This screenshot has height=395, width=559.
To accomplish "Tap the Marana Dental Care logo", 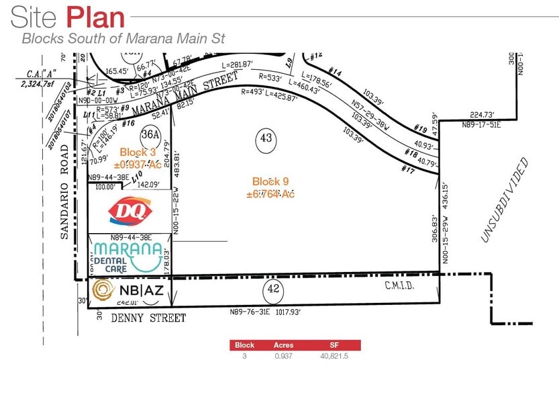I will [128, 256].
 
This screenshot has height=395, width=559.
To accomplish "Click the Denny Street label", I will [148, 318].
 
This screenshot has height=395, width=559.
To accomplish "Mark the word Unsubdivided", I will [505, 200].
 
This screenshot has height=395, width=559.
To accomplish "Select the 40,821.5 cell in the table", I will [334, 356].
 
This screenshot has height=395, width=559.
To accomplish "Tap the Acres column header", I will [283, 345].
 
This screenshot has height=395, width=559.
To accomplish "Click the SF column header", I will [334, 345].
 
